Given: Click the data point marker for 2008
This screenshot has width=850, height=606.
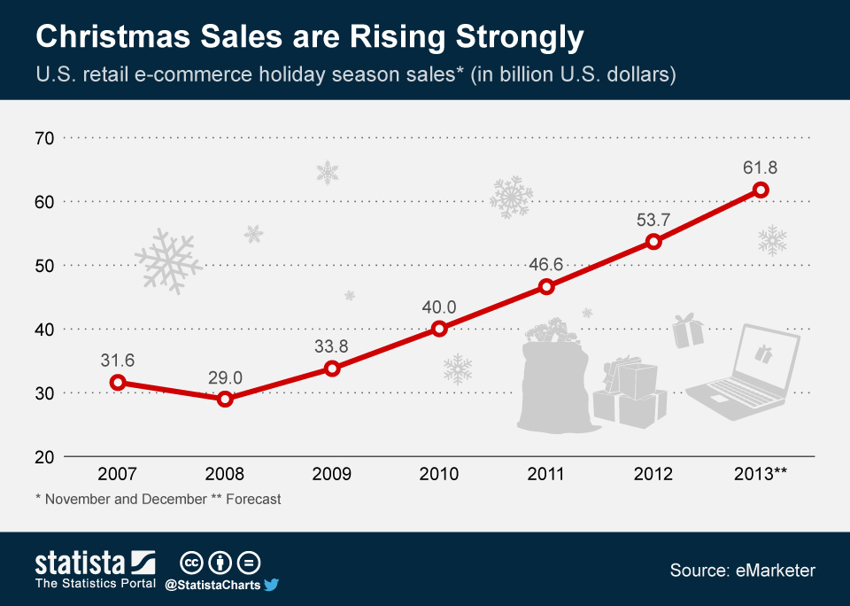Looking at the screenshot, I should pyautogui.click(x=225, y=399).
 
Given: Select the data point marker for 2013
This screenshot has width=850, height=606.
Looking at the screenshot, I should pyautogui.click(x=761, y=190).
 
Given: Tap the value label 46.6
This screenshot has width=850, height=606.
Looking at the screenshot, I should pyautogui.click(x=546, y=264).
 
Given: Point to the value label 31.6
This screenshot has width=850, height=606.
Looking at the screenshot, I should pyautogui.click(x=117, y=360).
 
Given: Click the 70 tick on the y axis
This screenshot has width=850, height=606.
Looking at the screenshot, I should pyautogui.click(x=45, y=138).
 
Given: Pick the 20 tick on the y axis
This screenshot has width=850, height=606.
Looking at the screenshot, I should pyautogui.click(x=45, y=456).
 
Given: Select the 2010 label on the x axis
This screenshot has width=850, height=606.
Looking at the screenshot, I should pyautogui.click(x=439, y=474).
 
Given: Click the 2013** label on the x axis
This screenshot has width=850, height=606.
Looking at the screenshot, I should pyautogui.click(x=761, y=474).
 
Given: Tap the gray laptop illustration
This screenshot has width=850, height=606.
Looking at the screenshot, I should pyautogui.click(x=744, y=372).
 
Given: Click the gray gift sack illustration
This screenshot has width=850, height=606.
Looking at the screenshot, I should pyautogui.click(x=553, y=381).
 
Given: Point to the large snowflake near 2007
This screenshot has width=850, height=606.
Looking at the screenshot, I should pyautogui.click(x=167, y=260).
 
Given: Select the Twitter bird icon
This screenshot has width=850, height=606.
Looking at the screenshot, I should pyautogui.click(x=272, y=585).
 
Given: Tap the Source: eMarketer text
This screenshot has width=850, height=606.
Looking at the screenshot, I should pyautogui.click(x=742, y=571).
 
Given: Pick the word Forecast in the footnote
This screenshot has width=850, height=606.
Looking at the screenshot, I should pyautogui.click(x=253, y=499).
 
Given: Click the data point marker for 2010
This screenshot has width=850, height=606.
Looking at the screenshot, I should pyautogui.click(x=439, y=329).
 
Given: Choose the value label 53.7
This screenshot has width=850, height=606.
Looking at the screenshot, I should pyautogui.click(x=653, y=219).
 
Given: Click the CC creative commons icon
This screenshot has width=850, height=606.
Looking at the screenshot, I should pyautogui.click(x=190, y=563).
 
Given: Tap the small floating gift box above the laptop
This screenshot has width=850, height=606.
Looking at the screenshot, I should pyautogui.click(x=687, y=331).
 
